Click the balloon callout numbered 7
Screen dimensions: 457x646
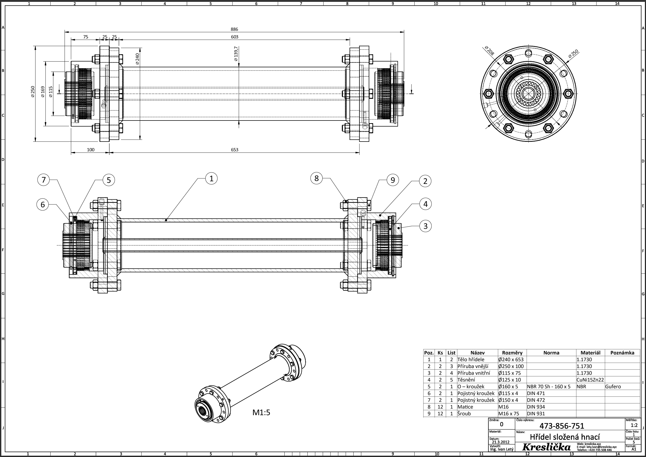[x=43, y=180]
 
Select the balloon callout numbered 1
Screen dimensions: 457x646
[x=211, y=178]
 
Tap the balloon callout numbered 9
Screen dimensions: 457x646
[x=393, y=180]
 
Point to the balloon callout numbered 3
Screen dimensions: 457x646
[x=425, y=226]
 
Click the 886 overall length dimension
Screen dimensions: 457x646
[x=234, y=29]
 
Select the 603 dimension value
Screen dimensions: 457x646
[x=235, y=37]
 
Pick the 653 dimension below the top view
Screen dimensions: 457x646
[x=235, y=150]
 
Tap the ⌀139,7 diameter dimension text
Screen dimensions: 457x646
[x=236, y=54]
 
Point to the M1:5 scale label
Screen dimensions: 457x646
[x=261, y=413]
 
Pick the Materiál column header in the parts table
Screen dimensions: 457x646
[x=590, y=353]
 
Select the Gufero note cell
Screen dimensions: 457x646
[x=613, y=386]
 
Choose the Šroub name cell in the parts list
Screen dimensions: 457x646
[x=464, y=413]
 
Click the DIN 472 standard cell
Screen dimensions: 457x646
[x=536, y=400]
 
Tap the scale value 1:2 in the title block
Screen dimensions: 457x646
[x=634, y=425]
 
